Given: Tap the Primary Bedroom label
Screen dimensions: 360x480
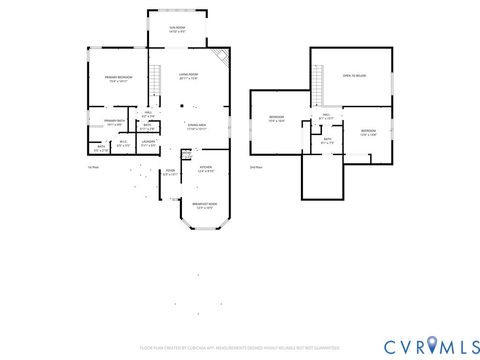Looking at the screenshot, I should [119, 79].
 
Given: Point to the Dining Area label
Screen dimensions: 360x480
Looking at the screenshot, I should [196, 126].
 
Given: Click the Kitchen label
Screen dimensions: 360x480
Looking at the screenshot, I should [205, 168].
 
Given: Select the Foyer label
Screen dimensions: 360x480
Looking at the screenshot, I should [170, 173].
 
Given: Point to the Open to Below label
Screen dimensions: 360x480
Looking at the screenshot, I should [354, 76].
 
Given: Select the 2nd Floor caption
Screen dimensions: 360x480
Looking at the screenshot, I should [255, 167].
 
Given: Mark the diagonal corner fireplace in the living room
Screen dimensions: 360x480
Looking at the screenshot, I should [223, 59].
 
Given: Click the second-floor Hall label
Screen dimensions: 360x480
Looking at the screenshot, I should [326, 117].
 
